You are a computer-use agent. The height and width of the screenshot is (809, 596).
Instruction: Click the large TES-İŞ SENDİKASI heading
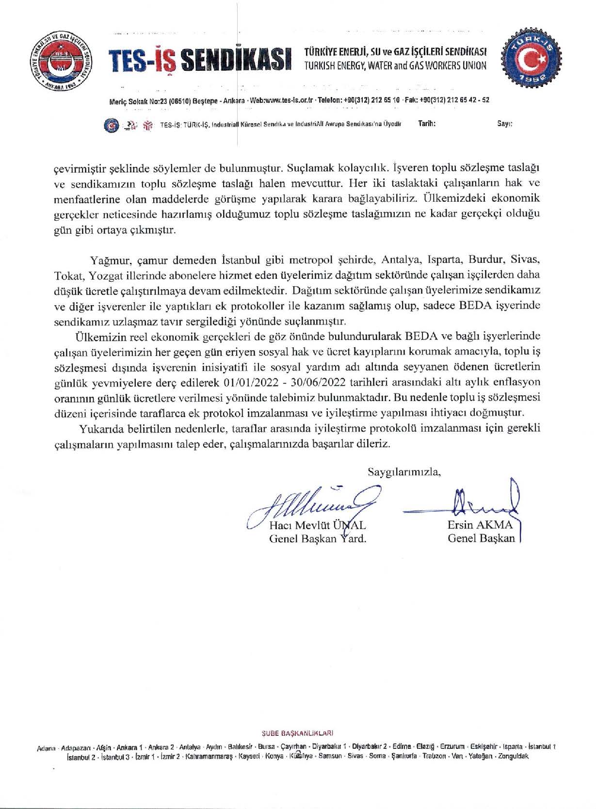click(x=200, y=61)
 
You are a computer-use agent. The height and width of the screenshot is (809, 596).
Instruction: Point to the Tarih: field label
click(x=427, y=124)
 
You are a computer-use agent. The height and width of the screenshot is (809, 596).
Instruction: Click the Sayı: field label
click(x=505, y=124)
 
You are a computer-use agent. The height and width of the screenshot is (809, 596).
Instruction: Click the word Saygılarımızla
click(x=404, y=471)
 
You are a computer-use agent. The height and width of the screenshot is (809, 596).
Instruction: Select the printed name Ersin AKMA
click(x=480, y=525)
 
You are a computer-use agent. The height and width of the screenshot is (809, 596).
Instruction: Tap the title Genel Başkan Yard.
click(x=317, y=538)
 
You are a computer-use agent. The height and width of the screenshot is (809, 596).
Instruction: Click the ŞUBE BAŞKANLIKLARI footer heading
click(x=297, y=733)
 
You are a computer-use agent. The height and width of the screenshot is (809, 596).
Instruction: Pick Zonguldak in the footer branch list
click(x=510, y=756)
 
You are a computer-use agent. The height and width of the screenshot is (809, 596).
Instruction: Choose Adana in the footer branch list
click(x=47, y=747)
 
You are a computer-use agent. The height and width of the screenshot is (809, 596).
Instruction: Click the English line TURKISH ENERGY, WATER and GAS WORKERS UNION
click(x=395, y=66)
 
